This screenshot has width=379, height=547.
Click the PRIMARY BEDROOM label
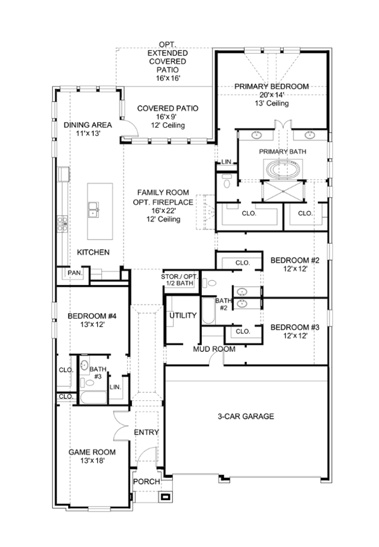pos(271,86)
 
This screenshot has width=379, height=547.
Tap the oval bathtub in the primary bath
pos(282,170)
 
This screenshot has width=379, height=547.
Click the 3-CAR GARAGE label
pos(245,416)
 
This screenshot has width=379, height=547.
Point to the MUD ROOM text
pos(214,349)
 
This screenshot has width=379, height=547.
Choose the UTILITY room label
pos(182,316)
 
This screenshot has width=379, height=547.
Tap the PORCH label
pos(146,481)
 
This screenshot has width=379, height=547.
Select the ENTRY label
pos(146,432)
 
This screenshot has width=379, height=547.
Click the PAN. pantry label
pos(75,273)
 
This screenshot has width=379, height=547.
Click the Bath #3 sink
pos(84,365)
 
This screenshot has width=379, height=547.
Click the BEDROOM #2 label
pos(295,260)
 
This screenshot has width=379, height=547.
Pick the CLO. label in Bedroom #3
pos(242,332)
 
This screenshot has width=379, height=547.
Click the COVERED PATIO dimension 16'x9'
pos(167,117)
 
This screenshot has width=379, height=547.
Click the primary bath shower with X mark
pos(282,191)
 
